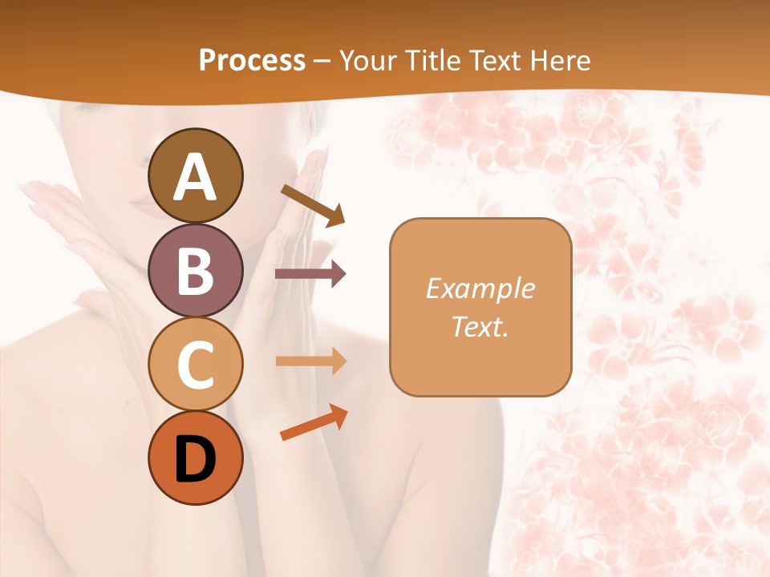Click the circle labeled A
click(195, 176)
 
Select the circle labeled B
click(195, 270)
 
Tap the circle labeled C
click(195, 365)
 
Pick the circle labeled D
click(195, 458)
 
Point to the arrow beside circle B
click(310, 274)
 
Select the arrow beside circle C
click(310, 361)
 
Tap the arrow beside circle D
click(314, 422)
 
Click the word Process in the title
click(252, 60)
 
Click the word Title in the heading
click(432, 60)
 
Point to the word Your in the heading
click(369, 60)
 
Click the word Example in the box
click(480, 289)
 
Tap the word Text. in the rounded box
click(480, 327)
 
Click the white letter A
click(195, 177)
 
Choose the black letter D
click(196, 459)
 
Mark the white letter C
click(195, 365)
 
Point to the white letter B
click(195, 271)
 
